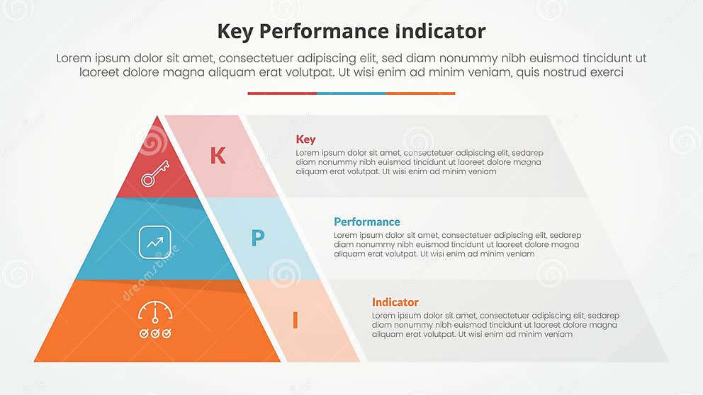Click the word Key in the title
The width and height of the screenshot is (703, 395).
pyautogui.click(x=239, y=32)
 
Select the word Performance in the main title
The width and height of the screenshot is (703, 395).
pyautogui.click(x=330, y=32)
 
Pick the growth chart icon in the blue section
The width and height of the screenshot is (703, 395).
pyautogui.click(x=154, y=241)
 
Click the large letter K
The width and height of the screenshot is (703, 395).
pyautogui.click(x=218, y=156)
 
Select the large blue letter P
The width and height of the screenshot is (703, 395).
pyautogui.click(x=258, y=238)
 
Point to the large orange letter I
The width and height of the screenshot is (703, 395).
pyautogui.click(x=295, y=321)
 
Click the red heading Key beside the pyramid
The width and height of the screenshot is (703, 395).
pyautogui.click(x=305, y=139)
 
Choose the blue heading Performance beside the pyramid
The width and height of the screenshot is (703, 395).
pyautogui.click(x=366, y=222)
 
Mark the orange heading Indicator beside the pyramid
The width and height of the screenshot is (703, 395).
pyautogui.click(x=395, y=302)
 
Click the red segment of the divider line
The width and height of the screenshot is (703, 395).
pyautogui.click(x=282, y=93)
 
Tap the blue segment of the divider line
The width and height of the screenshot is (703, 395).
pyautogui.click(x=351, y=93)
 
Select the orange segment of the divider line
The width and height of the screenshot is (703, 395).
pyautogui.click(x=420, y=93)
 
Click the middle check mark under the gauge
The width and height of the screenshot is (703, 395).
pyautogui.click(x=154, y=333)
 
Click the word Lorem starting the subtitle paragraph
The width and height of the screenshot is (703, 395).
pyautogui.click(x=73, y=59)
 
